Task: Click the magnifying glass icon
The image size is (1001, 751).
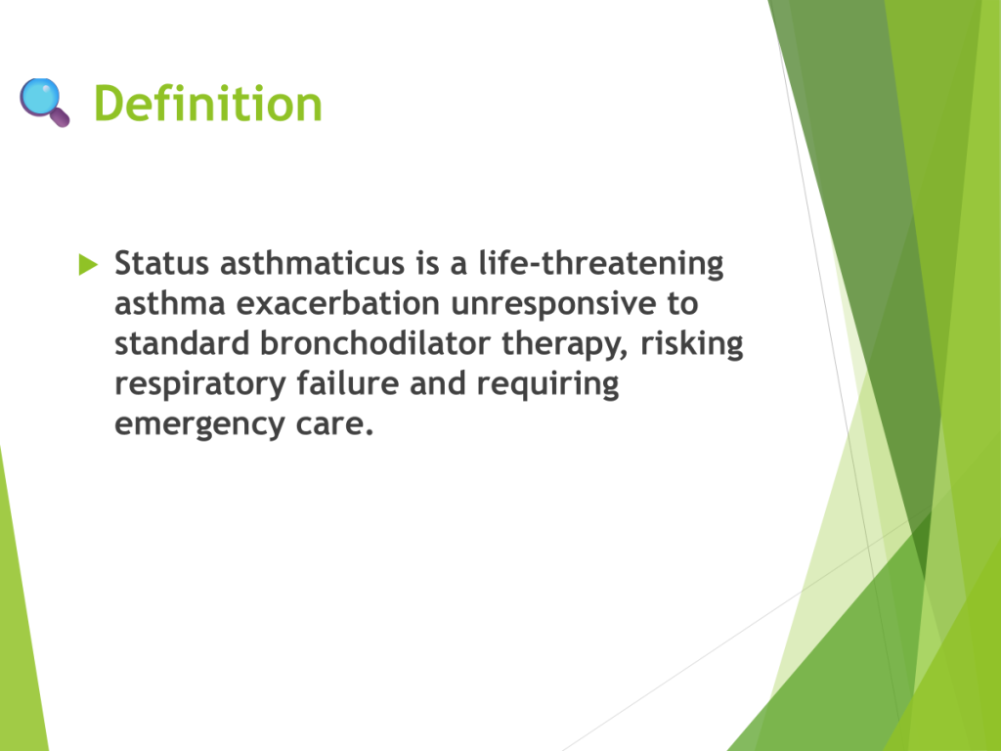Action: click(44, 102)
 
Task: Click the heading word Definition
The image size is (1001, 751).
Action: click(208, 103)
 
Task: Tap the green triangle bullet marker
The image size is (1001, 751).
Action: click(88, 264)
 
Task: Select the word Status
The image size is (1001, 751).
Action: click(161, 263)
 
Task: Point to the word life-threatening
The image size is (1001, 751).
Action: click(601, 264)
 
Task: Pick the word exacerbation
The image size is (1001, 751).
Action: click(337, 303)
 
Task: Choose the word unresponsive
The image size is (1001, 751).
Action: click(553, 305)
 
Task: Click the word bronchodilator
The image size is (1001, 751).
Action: click(374, 343)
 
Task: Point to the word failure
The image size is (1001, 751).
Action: click(348, 383)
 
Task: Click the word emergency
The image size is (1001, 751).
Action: click(199, 425)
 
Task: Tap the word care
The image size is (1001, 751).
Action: click(334, 424)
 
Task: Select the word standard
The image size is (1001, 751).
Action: click(182, 343)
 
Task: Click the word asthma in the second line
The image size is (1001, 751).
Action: click(170, 303)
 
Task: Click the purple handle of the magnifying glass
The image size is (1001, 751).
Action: click(60, 117)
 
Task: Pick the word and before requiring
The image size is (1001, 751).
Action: click(438, 383)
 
